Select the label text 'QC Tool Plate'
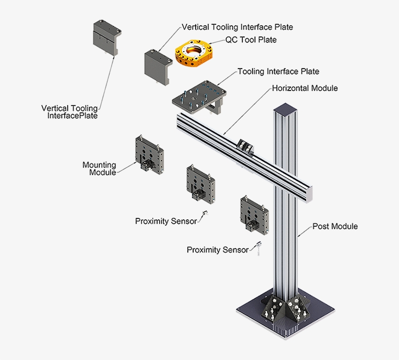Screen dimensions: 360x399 tap(251, 39)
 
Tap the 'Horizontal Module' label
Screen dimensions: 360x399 tap(305, 88)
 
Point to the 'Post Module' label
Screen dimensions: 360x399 tap(335, 226)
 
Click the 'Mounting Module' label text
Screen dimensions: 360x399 tap(99, 168)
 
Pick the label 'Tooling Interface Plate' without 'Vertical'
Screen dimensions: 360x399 tap(278, 72)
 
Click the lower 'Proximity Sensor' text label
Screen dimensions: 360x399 tap(218, 250)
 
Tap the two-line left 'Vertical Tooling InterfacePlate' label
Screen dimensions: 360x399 tap(70, 111)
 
